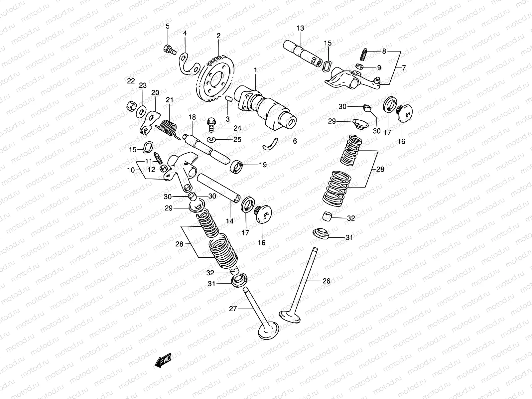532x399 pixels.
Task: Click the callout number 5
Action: click(168, 26)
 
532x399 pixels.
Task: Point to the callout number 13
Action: click(300, 28)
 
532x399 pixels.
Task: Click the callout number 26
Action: click(327, 281)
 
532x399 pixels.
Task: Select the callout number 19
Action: click(263, 165)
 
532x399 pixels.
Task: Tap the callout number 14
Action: click(230, 221)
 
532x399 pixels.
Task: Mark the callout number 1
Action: click(255, 70)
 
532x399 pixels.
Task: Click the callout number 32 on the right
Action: click(351, 218)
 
